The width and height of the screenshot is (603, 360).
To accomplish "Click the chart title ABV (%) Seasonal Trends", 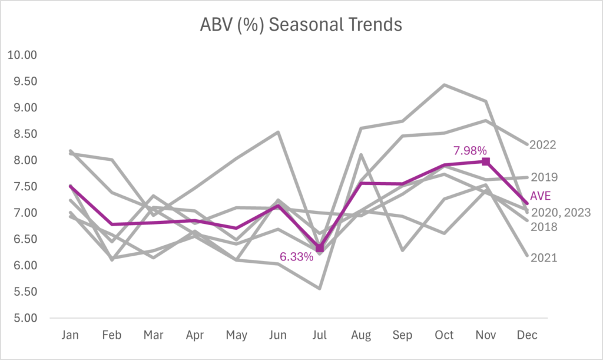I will [x=300, y=25].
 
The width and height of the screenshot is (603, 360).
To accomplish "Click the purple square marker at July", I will [x=320, y=248].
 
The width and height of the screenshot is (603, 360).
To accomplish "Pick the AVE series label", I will [x=541, y=195].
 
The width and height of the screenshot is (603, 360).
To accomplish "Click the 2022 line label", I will [x=543, y=144].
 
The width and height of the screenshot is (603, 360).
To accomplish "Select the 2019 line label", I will [x=544, y=177].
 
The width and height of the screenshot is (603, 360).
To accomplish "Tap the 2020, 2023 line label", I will [x=559, y=212].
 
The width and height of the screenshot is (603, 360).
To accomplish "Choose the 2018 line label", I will [x=544, y=227].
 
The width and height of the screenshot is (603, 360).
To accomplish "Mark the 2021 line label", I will [x=544, y=258].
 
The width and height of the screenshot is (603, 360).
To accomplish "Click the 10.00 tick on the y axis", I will [x=21, y=55].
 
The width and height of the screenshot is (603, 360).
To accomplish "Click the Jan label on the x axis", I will [x=71, y=335].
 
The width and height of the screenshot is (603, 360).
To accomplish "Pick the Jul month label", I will [x=320, y=335].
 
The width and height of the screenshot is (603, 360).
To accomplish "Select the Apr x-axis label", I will [x=195, y=335].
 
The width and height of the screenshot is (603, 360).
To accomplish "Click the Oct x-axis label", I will [x=444, y=335].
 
